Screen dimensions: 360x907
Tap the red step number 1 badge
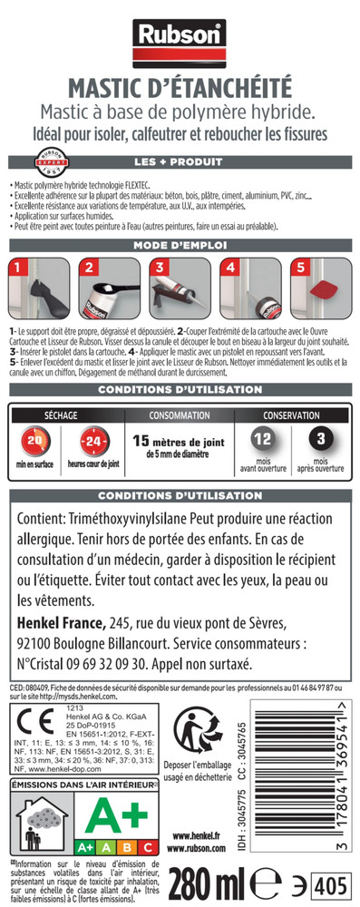coord(15,268)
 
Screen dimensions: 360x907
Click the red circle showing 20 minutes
coord(36,442)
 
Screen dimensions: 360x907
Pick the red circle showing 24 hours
coord(92,442)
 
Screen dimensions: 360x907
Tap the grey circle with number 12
coord(263,440)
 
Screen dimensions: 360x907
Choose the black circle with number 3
coord(321,440)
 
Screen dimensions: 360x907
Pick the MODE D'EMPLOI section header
coord(180,245)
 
